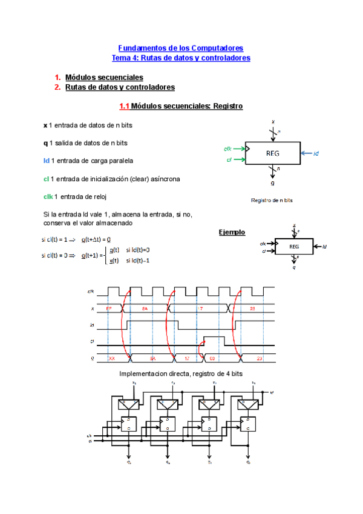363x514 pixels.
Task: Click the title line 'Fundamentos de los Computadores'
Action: (x=180, y=47)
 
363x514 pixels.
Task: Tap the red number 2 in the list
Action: (x=57, y=87)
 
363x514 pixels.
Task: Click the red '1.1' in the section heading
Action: (x=125, y=106)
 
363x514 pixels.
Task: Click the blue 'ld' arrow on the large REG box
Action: (x=310, y=153)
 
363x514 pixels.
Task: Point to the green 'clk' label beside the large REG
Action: (x=227, y=148)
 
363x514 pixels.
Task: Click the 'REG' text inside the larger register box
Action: (x=272, y=153)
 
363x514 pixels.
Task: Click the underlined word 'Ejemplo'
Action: (x=232, y=232)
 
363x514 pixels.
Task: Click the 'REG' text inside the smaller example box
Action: (x=294, y=247)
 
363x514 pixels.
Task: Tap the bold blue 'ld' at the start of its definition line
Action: (x=46, y=161)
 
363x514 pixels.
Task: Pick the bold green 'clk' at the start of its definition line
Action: (x=48, y=196)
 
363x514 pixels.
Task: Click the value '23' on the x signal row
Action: (x=252, y=309)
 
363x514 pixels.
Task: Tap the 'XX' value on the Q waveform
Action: (x=112, y=358)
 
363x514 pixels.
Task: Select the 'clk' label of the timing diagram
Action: (x=91, y=292)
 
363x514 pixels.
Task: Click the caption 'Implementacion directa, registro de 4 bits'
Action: (x=181, y=374)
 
